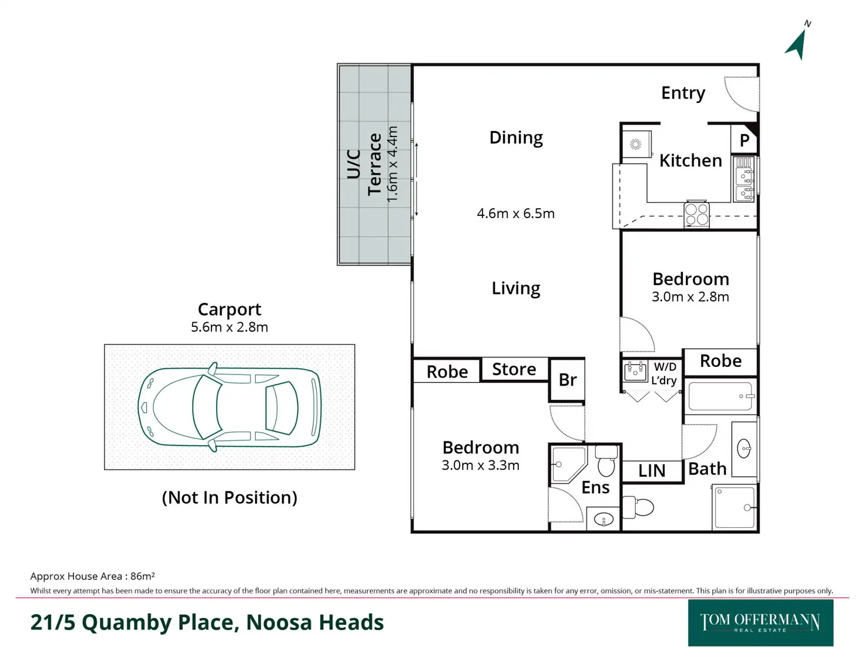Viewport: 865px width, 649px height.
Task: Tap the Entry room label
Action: pyautogui.click(x=683, y=93)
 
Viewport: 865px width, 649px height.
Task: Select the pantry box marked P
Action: pyautogui.click(x=743, y=139)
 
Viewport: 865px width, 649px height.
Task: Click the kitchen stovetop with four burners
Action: pyautogui.click(x=696, y=214)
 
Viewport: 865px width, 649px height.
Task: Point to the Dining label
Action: pyautogui.click(x=516, y=138)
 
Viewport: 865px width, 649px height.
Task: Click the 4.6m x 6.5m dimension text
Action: pyautogui.click(x=515, y=213)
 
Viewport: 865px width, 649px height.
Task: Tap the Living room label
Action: pyautogui.click(x=516, y=289)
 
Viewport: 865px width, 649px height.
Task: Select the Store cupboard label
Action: pyautogui.click(x=514, y=369)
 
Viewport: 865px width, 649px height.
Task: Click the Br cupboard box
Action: pyautogui.click(x=567, y=380)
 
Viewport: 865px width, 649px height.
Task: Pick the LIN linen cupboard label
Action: pyautogui.click(x=652, y=471)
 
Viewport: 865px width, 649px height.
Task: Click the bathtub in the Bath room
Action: pyautogui.click(x=721, y=396)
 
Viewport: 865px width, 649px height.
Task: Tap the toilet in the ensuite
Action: pyautogui.click(x=606, y=461)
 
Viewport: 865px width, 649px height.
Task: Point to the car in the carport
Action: pyautogui.click(x=229, y=407)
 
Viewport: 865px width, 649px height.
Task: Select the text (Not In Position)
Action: pyautogui.click(x=229, y=498)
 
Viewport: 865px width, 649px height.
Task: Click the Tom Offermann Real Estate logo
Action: pyautogui.click(x=760, y=623)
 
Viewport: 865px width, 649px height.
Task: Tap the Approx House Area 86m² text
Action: pyautogui.click(x=93, y=576)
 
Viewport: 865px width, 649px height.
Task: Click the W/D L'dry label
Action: pyautogui.click(x=665, y=373)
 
